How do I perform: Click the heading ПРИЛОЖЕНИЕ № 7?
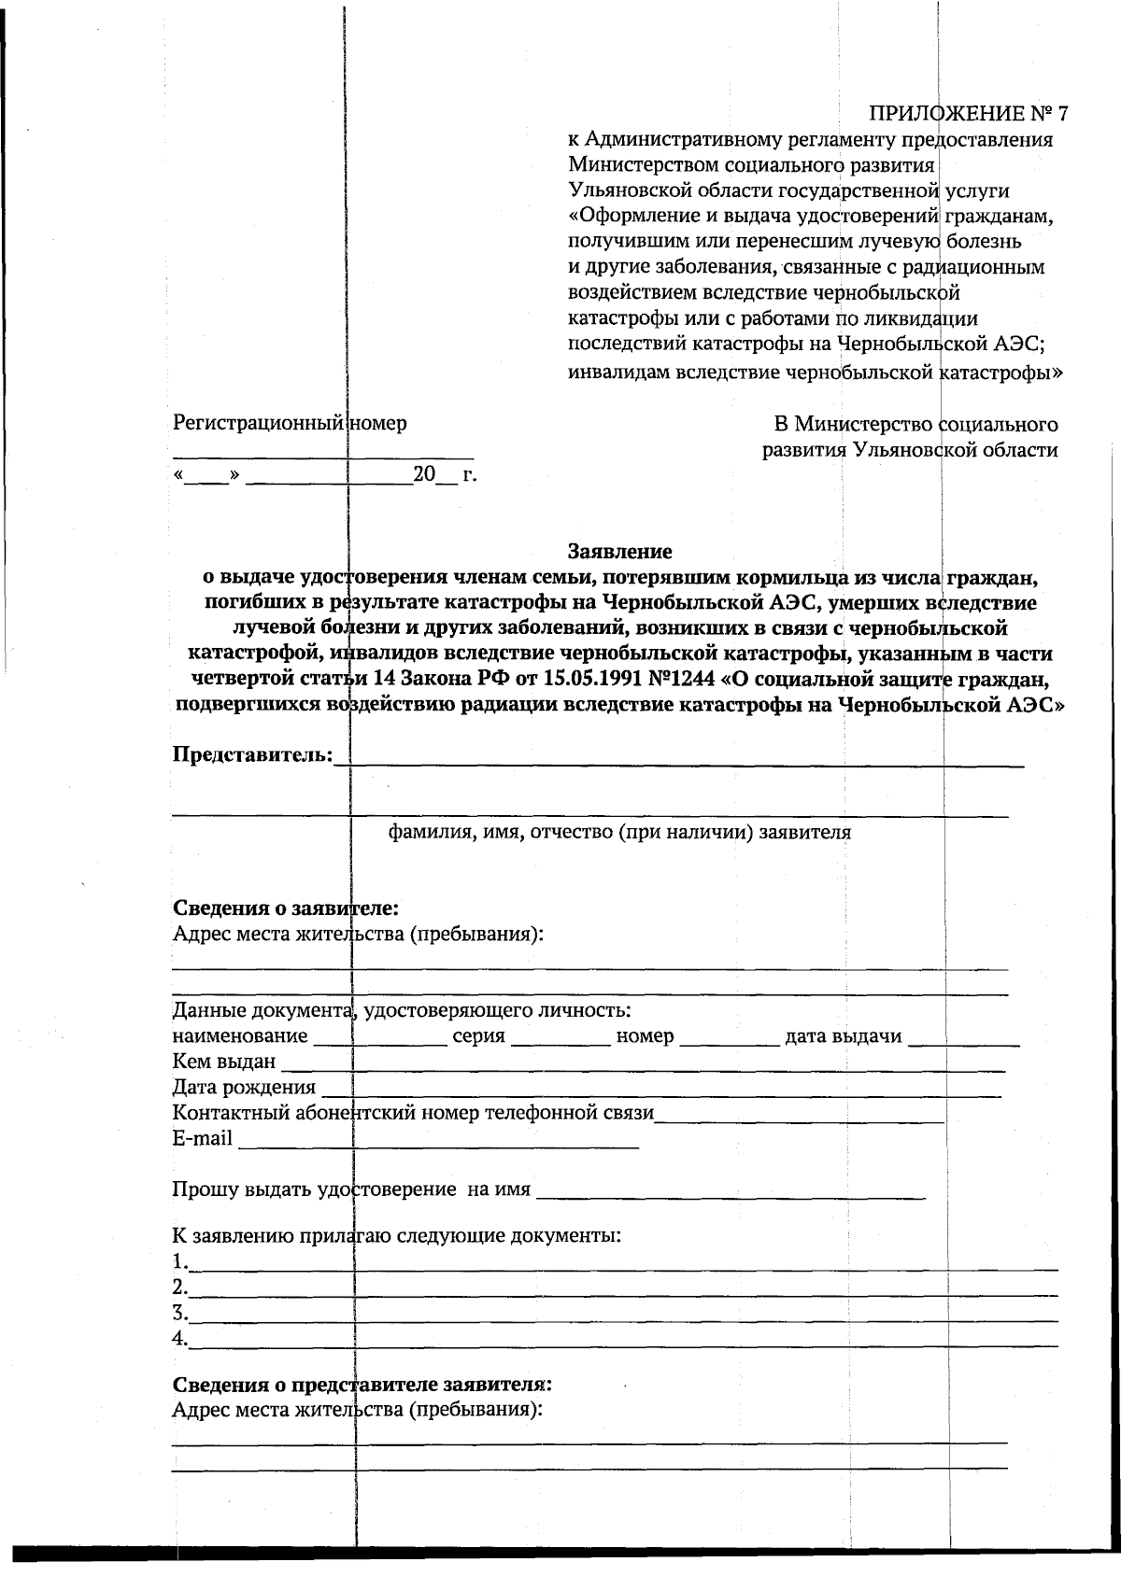pyautogui.click(x=968, y=114)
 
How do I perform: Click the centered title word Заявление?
pyautogui.click(x=620, y=552)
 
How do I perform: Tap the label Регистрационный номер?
pyautogui.click(x=290, y=423)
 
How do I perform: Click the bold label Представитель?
pyautogui.click(x=252, y=753)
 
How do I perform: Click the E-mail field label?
pyautogui.click(x=203, y=1138)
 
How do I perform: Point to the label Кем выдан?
pyautogui.click(x=224, y=1062)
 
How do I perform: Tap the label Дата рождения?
pyautogui.click(x=244, y=1087)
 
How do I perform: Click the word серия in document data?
pyautogui.click(x=478, y=1036)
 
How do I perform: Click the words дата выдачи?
pyautogui.click(x=844, y=1036)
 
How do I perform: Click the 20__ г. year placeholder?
pyautogui.click(x=445, y=474)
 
